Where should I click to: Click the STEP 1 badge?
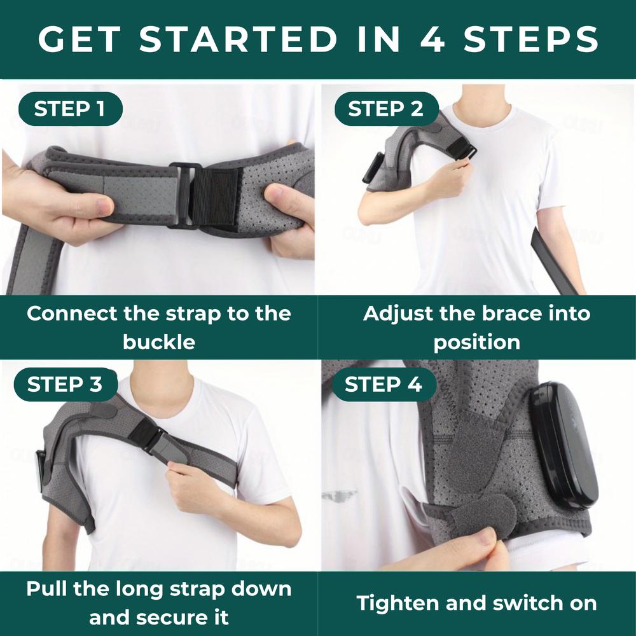click(71, 109)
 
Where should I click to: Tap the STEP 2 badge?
click(387, 109)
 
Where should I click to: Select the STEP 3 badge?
click(66, 384)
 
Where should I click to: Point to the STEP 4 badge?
click(384, 384)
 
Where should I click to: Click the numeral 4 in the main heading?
click(432, 39)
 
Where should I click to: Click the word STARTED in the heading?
click(238, 39)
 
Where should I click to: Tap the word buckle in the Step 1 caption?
click(159, 342)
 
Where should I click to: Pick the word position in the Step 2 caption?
click(477, 343)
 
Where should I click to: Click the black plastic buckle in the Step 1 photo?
click(184, 195)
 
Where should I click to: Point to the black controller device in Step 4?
click(563, 445)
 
